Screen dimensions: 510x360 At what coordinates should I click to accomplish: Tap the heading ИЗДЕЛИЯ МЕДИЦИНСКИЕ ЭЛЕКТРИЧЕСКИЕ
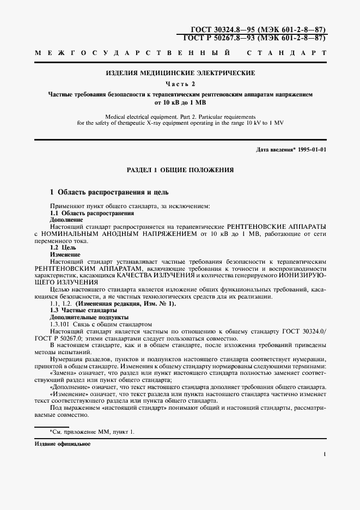click(180, 72)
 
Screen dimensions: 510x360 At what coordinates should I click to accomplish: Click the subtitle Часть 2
click(180, 83)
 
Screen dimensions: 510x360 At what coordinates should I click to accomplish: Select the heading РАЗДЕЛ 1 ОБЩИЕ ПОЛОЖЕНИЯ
click(180, 170)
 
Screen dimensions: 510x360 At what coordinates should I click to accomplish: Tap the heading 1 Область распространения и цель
click(109, 192)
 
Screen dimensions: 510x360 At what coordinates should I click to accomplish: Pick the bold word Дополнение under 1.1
click(64, 219)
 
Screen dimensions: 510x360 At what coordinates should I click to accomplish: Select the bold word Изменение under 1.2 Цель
click(65, 254)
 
